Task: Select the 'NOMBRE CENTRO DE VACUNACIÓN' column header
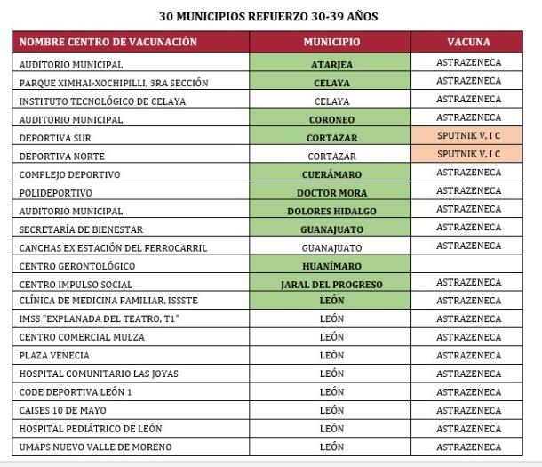point(108,43)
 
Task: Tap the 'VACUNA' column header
point(468,43)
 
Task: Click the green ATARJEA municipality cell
point(331,64)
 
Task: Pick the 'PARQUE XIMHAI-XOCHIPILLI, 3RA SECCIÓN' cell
point(114,83)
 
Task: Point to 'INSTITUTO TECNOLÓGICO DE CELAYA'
point(102,101)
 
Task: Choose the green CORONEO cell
point(331,119)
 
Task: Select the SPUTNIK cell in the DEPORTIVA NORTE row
point(468,155)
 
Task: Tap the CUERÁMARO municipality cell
point(331,174)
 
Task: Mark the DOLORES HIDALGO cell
point(331,211)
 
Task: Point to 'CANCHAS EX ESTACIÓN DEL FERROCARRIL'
point(113,247)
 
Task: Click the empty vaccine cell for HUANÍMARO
point(468,265)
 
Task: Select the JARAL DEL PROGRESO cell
point(331,284)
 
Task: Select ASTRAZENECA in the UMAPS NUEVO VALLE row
point(468,447)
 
